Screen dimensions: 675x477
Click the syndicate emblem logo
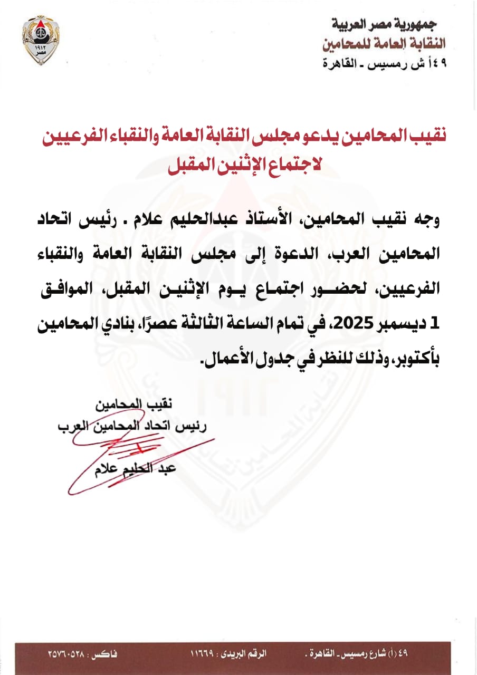tap(41, 40)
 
